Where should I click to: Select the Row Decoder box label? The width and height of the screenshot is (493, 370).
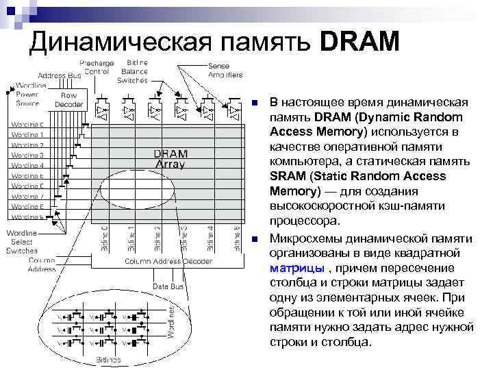click(69, 100)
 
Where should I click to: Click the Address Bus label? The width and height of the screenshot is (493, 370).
click(60, 75)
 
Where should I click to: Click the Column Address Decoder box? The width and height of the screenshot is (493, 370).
click(168, 262)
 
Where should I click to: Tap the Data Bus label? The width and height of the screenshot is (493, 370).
click(166, 286)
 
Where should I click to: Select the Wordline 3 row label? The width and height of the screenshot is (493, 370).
click(27, 155)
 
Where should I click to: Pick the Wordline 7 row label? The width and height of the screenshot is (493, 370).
click(27, 196)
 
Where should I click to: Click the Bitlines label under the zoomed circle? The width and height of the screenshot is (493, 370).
click(108, 359)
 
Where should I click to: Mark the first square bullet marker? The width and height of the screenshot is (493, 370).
click(255, 103)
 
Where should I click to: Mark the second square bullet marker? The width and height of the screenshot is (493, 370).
click(255, 238)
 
